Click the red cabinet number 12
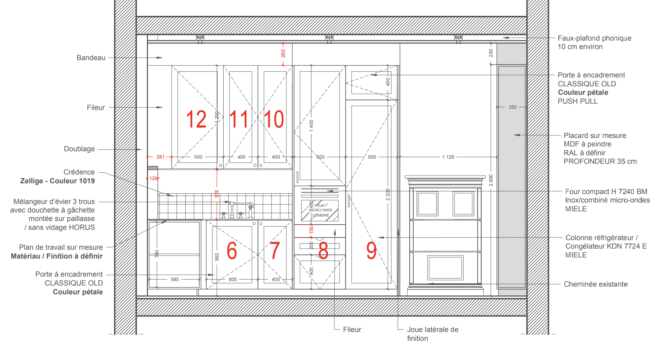pos(196,119)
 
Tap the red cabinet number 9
pos(371,250)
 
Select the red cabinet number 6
pos(232,250)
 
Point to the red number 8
pos(323,250)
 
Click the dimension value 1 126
pos(448,157)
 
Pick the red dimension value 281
pos(161,157)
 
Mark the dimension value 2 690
pos(491,180)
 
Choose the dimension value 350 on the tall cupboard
pos(513,107)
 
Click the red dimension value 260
pos(283,53)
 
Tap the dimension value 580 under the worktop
pos(175,280)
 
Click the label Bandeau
pos(91,58)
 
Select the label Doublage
pos(79,149)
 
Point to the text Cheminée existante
pos(596,284)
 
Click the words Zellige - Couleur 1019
pos(58,181)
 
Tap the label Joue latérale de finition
pos(433,334)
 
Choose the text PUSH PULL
pos(578,101)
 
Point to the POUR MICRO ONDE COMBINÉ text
pos(321,210)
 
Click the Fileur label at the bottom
pos(352,330)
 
